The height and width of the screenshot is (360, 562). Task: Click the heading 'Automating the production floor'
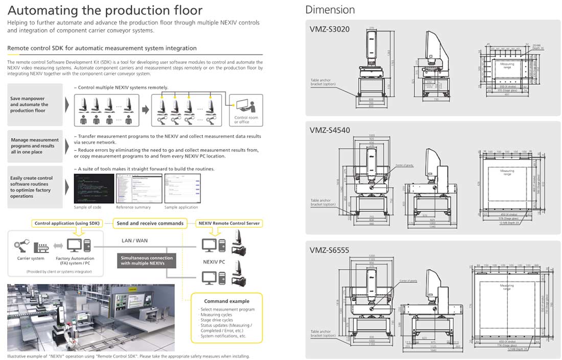pyautogui.click(x=105, y=10)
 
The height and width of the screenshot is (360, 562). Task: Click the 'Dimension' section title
pyautogui.click(x=330, y=10)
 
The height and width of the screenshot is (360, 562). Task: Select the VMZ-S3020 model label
pyautogui.click(x=330, y=29)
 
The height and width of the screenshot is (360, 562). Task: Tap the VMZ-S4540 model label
pyautogui.click(x=330, y=130)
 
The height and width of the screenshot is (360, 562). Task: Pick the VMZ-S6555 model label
pyautogui.click(x=330, y=250)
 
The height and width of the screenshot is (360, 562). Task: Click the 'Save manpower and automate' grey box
pyautogui.click(x=35, y=105)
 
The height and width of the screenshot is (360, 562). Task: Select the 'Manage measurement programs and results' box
pyautogui.click(x=35, y=146)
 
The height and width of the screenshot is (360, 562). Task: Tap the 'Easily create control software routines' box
pyautogui.click(x=35, y=187)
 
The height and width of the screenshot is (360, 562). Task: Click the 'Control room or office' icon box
pyautogui.click(x=246, y=109)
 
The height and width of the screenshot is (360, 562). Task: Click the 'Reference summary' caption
pyautogui.click(x=133, y=207)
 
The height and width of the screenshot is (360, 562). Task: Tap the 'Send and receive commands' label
pyautogui.click(x=150, y=223)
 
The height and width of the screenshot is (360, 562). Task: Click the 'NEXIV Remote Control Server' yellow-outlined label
pyautogui.click(x=229, y=223)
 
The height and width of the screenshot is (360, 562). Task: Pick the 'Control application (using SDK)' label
pyautogui.click(x=67, y=223)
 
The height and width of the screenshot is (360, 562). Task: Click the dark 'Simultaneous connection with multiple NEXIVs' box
pyautogui.click(x=147, y=260)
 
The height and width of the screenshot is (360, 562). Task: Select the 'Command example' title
pyautogui.click(x=226, y=301)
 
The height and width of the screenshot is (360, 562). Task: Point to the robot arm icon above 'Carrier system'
pyautogui.click(x=22, y=246)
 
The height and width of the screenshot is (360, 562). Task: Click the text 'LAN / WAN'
pyautogui.click(x=135, y=240)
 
